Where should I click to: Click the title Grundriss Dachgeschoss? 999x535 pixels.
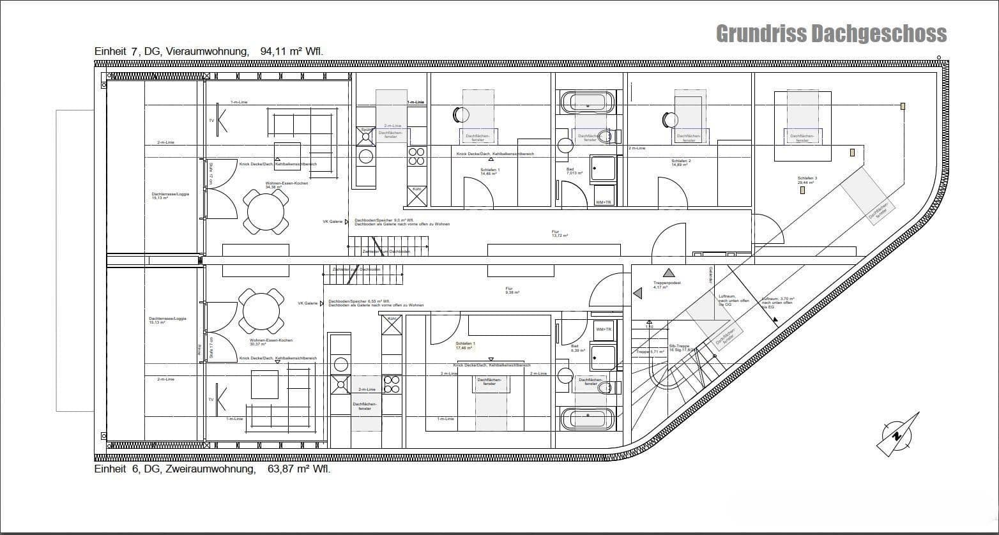tap(830, 33)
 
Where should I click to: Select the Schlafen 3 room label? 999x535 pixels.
tap(807, 180)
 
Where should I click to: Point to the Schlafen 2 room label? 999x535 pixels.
tap(681, 163)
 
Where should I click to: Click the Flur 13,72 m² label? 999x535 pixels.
tap(560, 234)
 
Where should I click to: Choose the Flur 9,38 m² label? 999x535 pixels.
tap(512, 290)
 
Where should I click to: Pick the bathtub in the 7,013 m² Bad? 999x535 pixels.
tap(587, 102)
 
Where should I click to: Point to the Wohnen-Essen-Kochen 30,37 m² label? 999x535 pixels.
tap(271, 342)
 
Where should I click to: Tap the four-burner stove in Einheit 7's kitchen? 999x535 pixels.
tap(416, 156)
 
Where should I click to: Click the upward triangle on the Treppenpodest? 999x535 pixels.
tap(668, 273)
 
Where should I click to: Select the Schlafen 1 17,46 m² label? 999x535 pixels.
tap(466, 345)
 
